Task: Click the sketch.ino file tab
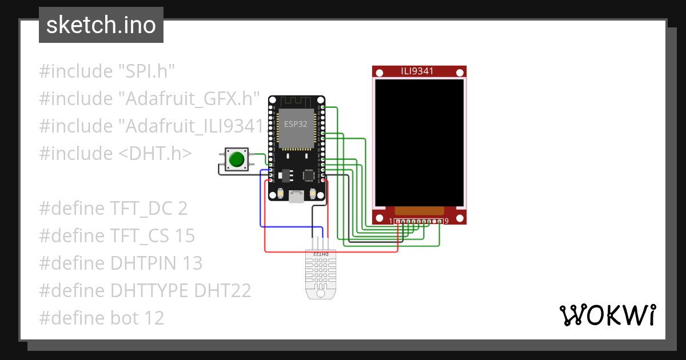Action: [101, 25]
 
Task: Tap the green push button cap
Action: [236, 159]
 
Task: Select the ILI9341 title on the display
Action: [417, 71]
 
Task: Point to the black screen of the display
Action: [419, 142]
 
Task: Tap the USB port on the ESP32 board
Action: [296, 197]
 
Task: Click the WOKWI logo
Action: [607, 315]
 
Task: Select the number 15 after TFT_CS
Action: [185, 236]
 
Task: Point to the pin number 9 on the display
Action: [446, 221]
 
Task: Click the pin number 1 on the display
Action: [392, 221]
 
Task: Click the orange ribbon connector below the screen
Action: [419, 211]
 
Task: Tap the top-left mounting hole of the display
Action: [379, 72]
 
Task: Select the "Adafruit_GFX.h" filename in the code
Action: [189, 99]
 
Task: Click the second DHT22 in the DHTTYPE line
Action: [222, 291]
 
